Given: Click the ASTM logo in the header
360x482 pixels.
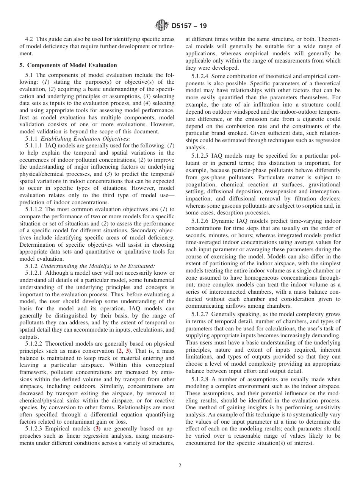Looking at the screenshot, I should (x=162, y=26).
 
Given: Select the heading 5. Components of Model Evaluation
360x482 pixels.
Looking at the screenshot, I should (x=68, y=65).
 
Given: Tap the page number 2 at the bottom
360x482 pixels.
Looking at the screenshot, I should (x=180, y=466).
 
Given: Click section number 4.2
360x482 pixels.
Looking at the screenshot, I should (x=29, y=39).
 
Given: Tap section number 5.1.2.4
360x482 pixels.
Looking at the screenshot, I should (x=200, y=76).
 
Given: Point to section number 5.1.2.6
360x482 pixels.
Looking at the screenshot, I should (x=200, y=221).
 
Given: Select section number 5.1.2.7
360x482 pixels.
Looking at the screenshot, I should (x=200, y=314).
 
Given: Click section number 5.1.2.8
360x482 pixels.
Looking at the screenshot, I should (x=200, y=379).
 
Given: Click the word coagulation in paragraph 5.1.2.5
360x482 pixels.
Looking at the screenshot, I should (x=200, y=185).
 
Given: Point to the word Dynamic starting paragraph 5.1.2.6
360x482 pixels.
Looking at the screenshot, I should (x=224, y=221).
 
